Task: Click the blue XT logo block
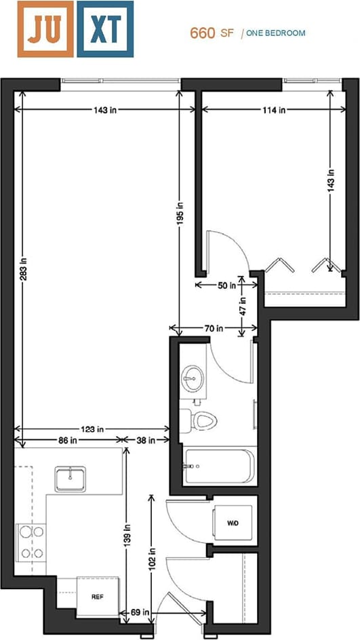point(104,28)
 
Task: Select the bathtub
point(219,466)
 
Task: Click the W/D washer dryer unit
point(233,523)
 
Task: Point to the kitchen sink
point(71,479)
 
